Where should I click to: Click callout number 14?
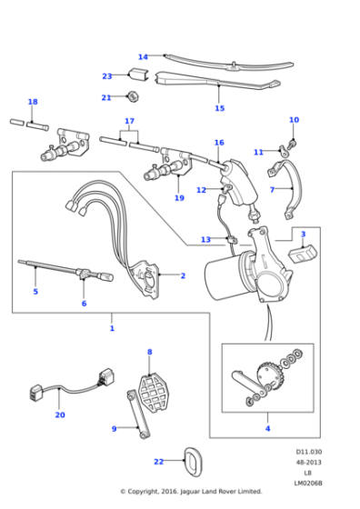click(x=143, y=57)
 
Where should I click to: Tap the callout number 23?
click(x=107, y=76)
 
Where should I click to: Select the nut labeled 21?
click(x=133, y=96)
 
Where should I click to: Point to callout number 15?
click(x=219, y=108)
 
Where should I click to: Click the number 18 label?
click(x=33, y=102)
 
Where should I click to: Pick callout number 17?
click(x=129, y=121)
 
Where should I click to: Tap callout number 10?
click(x=294, y=120)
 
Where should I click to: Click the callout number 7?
click(x=272, y=190)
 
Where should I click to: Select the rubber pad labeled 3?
click(x=299, y=251)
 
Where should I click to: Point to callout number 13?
click(x=205, y=240)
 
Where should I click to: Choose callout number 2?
click(x=183, y=275)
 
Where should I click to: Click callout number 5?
click(x=35, y=292)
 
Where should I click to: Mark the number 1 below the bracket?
click(x=112, y=328)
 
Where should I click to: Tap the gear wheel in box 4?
click(x=267, y=374)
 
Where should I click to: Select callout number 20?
click(x=59, y=415)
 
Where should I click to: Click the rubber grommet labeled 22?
click(x=193, y=461)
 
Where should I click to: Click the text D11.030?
click(x=308, y=452)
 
